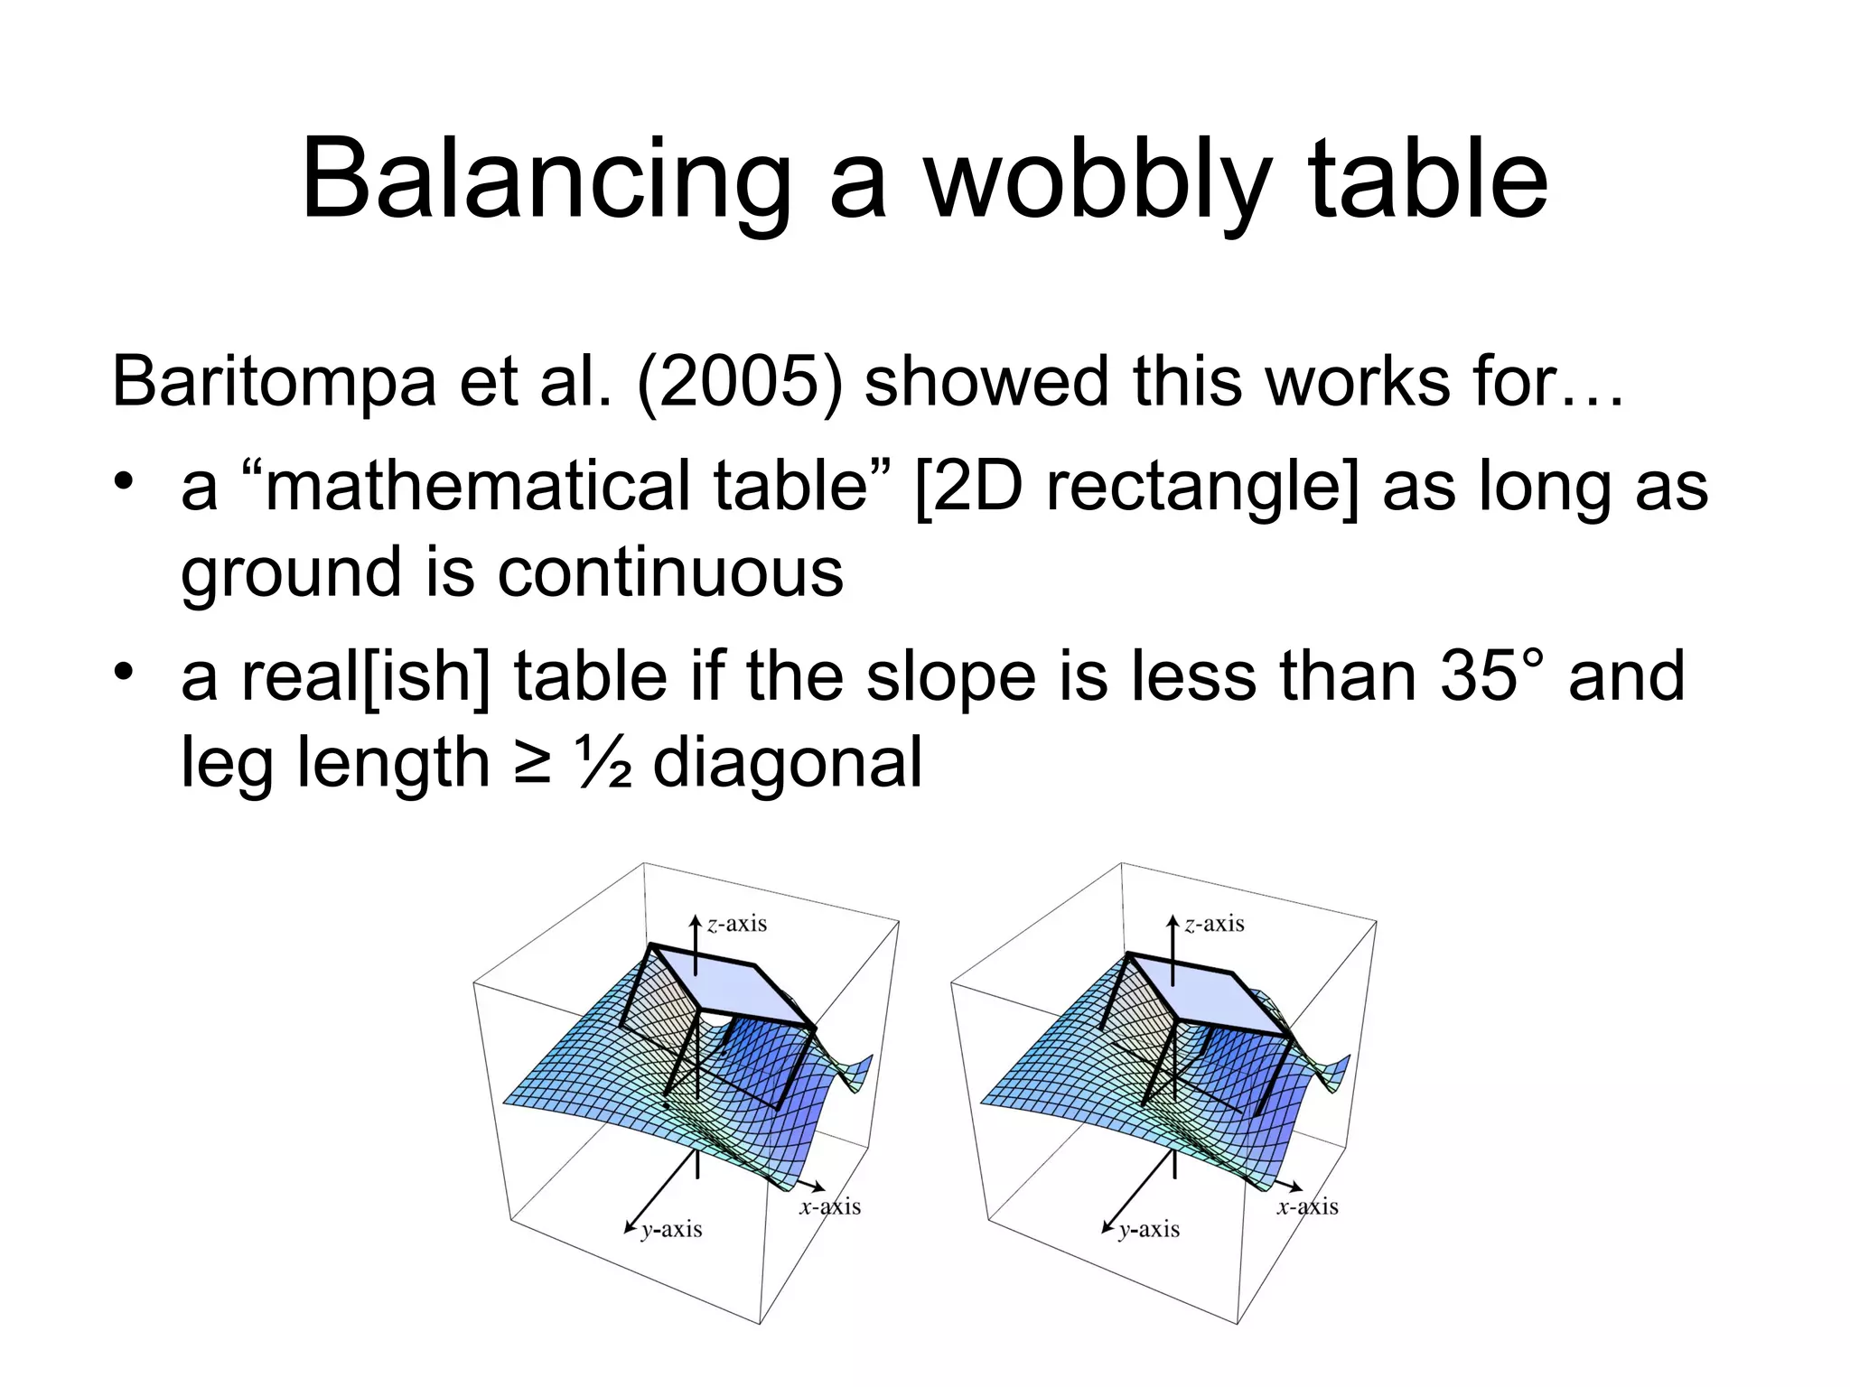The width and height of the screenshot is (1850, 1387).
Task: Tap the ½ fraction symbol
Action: click(x=603, y=762)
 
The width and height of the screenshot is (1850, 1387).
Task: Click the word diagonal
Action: click(x=787, y=762)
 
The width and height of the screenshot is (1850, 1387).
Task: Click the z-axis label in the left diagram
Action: click(x=736, y=924)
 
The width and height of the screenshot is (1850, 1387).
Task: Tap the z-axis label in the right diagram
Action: click(x=1214, y=924)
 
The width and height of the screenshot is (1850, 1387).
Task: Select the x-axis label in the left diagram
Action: click(x=830, y=1206)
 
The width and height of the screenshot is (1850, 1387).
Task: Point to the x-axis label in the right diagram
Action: click(x=1307, y=1206)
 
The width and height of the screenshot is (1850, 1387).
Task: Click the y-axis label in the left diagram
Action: click(x=671, y=1229)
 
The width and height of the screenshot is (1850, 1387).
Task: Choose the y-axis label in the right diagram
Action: click(x=1149, y=1229)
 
